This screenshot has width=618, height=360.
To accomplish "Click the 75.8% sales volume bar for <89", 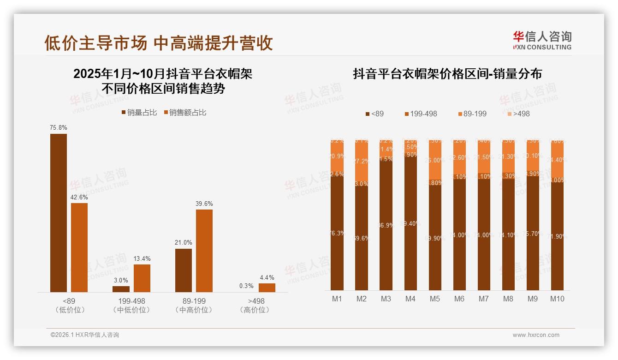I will (59, 213).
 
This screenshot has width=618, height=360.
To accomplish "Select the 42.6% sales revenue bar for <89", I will (79, 247).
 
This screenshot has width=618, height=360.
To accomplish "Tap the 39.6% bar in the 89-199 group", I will (204, 251).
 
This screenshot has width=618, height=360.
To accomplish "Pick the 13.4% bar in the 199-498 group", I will (142, 278).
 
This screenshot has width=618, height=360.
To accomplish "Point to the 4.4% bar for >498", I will (267, 288).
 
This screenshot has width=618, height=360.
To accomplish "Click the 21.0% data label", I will (184, 242).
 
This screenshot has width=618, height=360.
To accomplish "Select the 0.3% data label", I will (246, 286).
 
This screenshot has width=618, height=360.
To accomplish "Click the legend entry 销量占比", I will (139, 113).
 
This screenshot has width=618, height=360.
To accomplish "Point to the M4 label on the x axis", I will (410, 299).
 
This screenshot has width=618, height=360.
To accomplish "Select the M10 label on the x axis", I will (557, 299).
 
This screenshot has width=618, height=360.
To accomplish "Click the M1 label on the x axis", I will (337, 299).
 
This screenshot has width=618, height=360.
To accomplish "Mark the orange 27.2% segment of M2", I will (362, 161).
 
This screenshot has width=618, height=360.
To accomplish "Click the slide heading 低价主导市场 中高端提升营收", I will (158, 43).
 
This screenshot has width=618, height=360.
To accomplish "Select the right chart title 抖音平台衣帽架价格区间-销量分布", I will (447, 74).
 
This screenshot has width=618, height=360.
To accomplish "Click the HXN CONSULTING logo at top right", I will (542, 41).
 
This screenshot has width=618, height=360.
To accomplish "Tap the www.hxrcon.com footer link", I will (535, 335).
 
